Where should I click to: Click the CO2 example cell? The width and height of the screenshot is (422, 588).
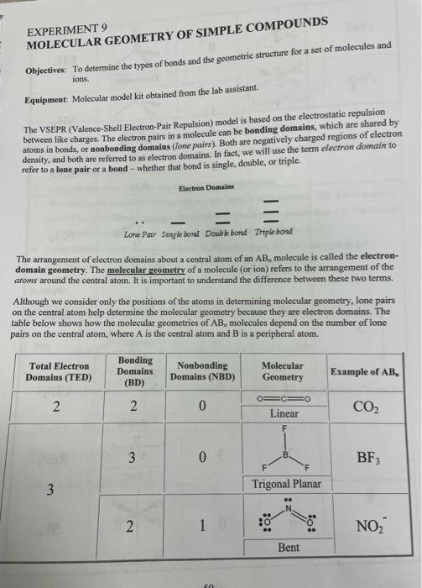[x=367, y=408]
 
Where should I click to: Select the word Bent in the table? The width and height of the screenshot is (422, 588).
[x=289, y=548]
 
